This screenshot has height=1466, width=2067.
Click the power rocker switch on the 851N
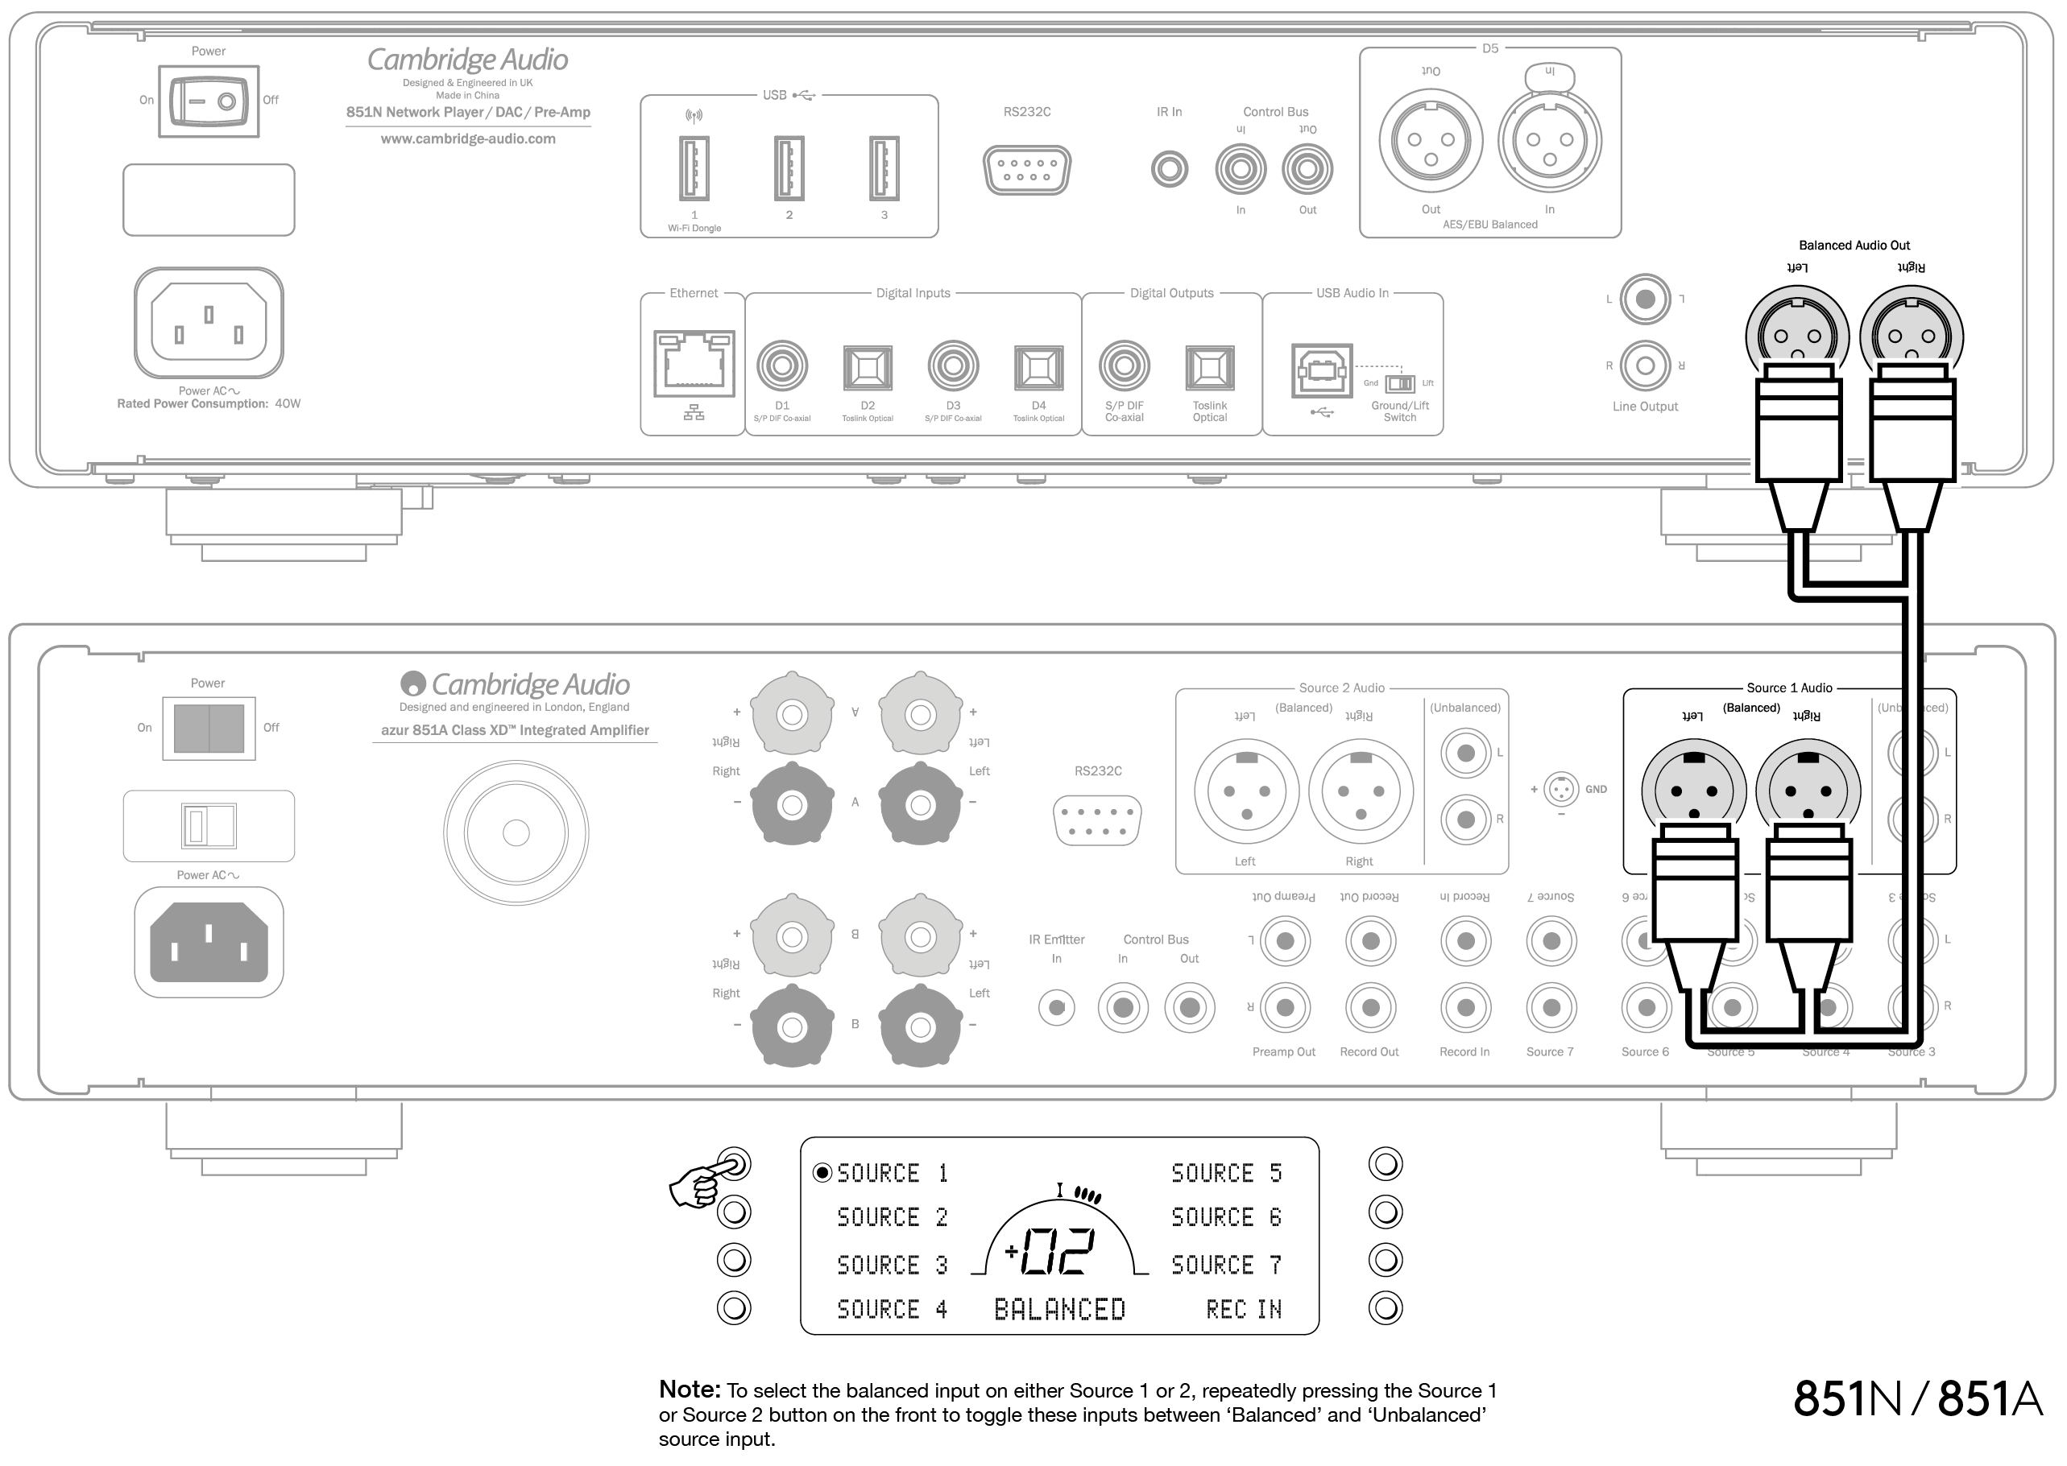[209, 101]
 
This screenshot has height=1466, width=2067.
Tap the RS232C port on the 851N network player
[1027, 170]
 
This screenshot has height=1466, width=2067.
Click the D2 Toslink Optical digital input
[867, 367]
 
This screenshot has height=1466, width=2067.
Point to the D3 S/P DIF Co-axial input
[953, 366]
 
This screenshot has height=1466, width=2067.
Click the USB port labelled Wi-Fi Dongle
[694, 168]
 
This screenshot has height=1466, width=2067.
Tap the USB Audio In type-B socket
[1322, 370]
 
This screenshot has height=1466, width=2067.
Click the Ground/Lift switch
[1400, 384]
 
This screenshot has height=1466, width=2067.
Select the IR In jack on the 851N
[1170, 169]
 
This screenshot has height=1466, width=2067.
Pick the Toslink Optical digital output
[1209, 367]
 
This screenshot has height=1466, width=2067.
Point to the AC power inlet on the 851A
[209, 943]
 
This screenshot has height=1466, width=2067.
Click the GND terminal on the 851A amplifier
[1561, 789]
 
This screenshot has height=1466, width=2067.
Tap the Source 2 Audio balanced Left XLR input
[1246, 791]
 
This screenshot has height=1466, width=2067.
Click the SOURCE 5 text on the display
[1226, 1174]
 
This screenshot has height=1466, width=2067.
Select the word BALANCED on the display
[1059, 1309]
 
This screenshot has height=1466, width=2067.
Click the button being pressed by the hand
[734, 1164]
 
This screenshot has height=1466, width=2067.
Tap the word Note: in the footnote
[689, 1390]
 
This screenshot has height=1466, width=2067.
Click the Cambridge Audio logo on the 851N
[467, 60]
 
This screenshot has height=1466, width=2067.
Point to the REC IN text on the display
[1244, 1309]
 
